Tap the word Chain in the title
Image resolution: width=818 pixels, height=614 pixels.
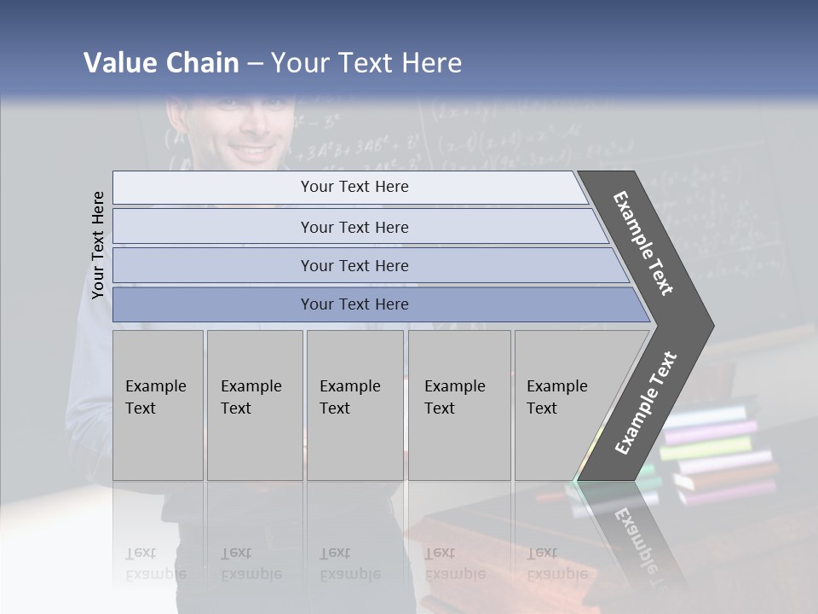tap(204, 63)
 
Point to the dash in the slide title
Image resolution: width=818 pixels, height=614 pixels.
tap(255, 64)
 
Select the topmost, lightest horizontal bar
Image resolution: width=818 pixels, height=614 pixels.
tap(354, 187)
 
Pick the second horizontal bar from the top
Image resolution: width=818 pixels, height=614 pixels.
tap(354, 227)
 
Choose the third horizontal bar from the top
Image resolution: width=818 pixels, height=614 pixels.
tap(354, 265)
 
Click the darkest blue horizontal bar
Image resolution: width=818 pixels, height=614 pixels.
tap(354, 304)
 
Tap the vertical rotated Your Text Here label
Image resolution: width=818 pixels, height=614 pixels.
tap(98, 245)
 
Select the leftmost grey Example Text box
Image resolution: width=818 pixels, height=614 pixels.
tap(158, 405)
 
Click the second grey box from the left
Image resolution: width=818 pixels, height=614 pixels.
tap(254, 405)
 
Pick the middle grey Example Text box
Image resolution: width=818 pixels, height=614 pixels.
tap(354, 405)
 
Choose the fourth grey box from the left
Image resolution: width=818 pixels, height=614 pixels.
tap(458, 405)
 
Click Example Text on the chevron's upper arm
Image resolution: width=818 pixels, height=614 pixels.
tap(643, 243)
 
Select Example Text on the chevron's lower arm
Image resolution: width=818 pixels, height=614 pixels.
tap(646, 403)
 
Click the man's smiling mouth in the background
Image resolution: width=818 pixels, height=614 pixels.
tap(254, 151)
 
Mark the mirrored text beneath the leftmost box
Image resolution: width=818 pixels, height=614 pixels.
tap(155, 564)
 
